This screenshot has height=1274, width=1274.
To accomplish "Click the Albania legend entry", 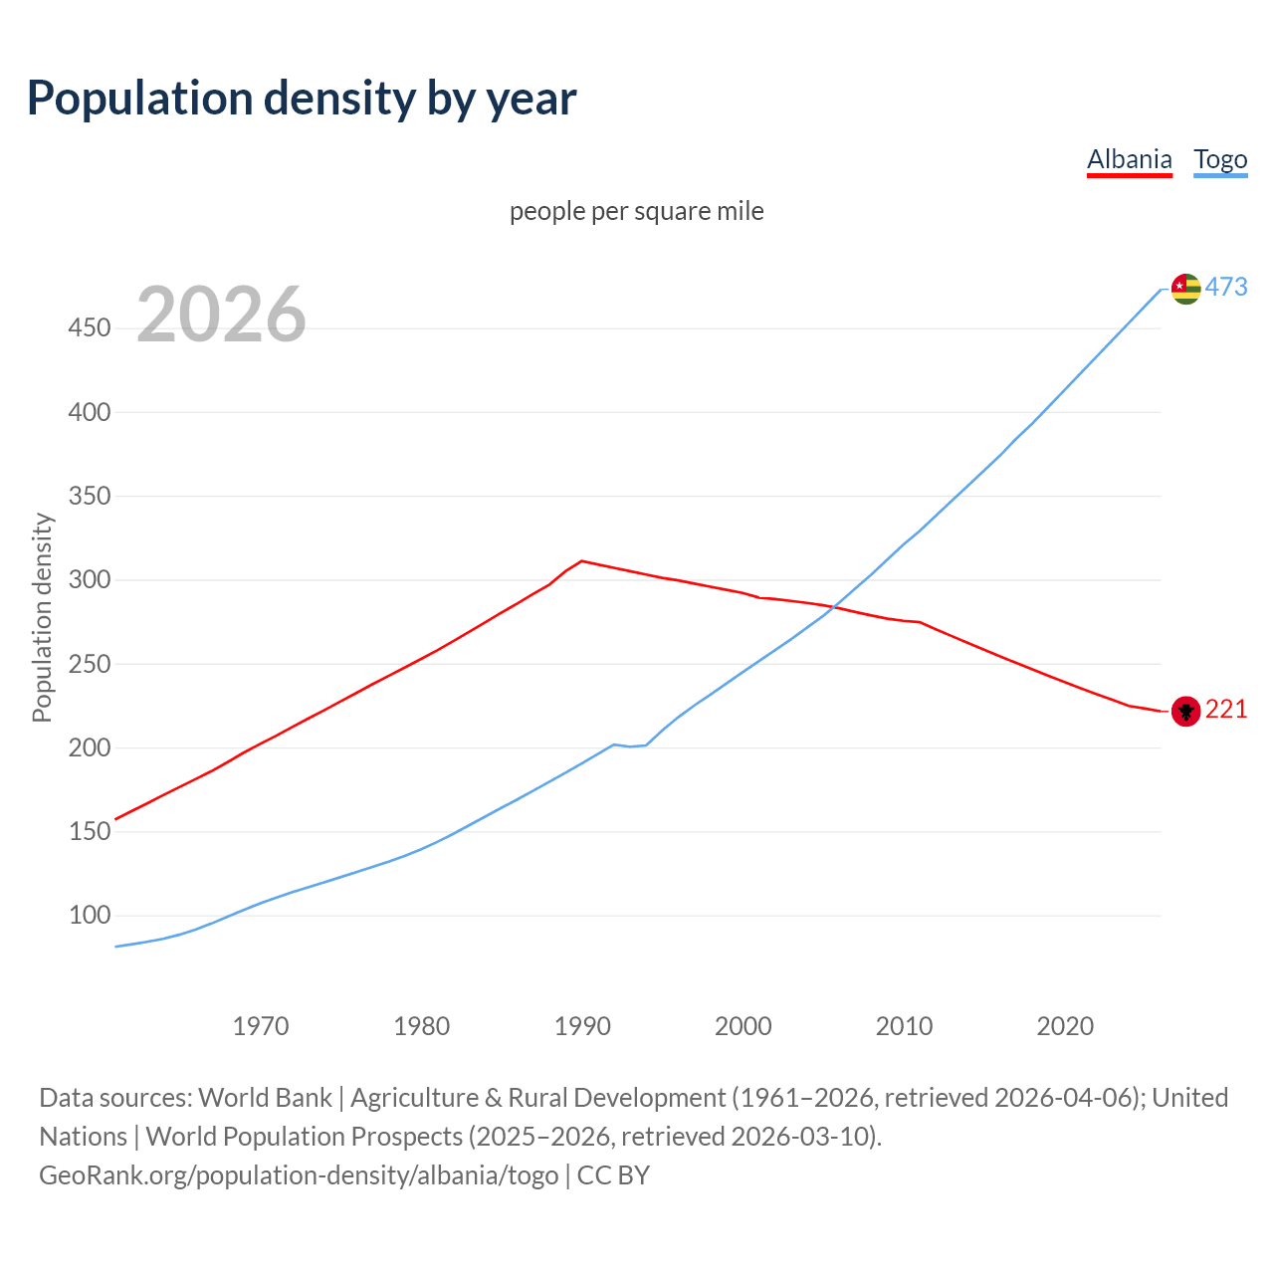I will [x=1129, y=159].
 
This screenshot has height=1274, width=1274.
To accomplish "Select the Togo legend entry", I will [x=1220, y=159].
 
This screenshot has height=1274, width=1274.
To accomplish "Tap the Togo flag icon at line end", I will [x=1185, y=289].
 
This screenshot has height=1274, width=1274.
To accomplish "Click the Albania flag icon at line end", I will [x=1185, y=711].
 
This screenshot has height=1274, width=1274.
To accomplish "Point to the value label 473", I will [x=1226, y=288].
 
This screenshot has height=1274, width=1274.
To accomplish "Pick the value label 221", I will [x=1226, y=710].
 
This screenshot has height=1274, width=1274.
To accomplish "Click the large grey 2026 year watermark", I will [x=221, y=315].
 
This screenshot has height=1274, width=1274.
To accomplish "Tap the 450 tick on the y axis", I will [x=90, y=327].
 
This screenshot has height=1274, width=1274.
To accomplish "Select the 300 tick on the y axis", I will [x=90, y=579].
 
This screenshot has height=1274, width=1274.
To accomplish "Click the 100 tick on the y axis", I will [x=90, y=915].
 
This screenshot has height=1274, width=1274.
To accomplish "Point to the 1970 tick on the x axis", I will [x=261, y=1026].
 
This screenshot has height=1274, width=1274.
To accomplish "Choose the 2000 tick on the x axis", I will [x=743, y=1026].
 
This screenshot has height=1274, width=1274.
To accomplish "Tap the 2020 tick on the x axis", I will [x=1065, y=1026].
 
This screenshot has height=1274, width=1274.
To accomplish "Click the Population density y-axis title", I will [x=42, y=617].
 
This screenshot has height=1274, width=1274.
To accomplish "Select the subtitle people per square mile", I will [x=637, y=212].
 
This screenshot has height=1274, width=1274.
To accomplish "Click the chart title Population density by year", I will [x=302, y=99].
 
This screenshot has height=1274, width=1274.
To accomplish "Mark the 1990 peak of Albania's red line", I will [x=582, y=561].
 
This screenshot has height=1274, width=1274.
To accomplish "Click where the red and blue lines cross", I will [x=836, y=606].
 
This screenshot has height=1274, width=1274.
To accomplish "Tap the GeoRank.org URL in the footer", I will [x=299, y=1175].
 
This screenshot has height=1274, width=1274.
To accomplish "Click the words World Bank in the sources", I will [x=265, y=1098].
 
